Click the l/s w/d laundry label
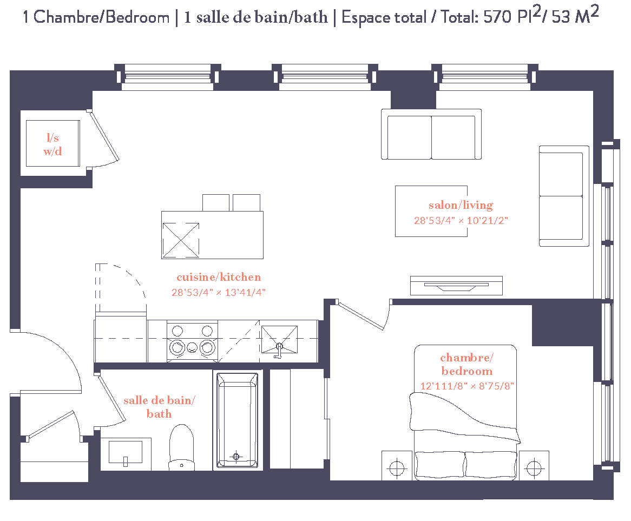(52, 145)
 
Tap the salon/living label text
(461, 205)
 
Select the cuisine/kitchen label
(219, 277)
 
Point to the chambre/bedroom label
(467, 364)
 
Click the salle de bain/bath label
(159, 407)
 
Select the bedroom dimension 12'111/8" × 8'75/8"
(467, 386)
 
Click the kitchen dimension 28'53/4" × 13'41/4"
(219, 292)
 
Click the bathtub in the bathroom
(237, 420)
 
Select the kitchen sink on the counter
(279, 340)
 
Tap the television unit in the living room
(456, 285)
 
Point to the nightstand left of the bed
(397, 465)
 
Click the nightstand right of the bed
(534, 465)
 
